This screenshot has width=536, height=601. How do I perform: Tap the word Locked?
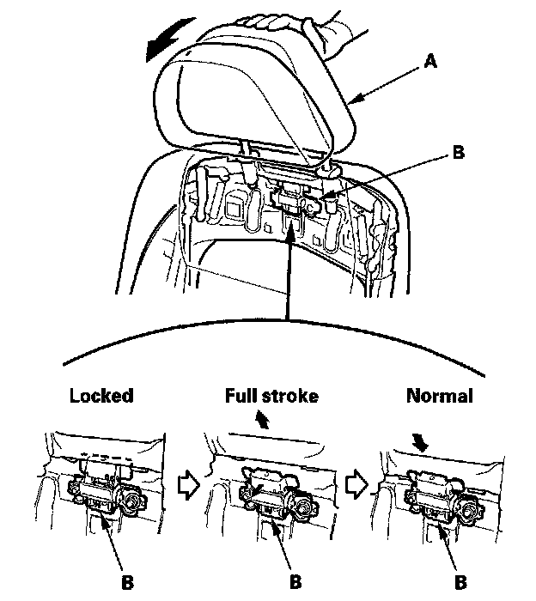point(101,397)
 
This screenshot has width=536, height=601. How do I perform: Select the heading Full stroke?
point(271,397)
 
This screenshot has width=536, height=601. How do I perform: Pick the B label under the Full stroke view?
point(295,580)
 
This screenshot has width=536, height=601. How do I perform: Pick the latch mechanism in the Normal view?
point(434,495)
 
